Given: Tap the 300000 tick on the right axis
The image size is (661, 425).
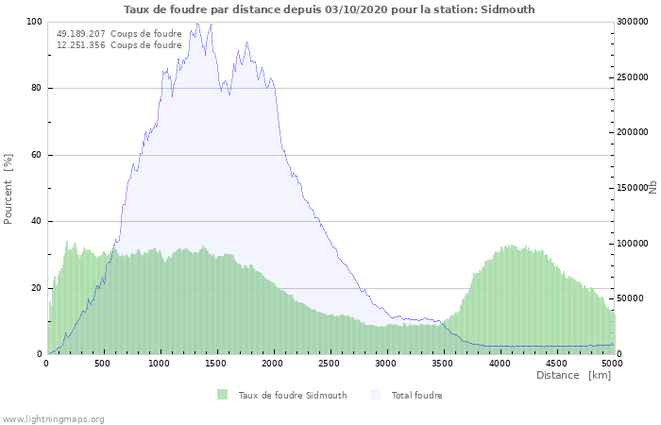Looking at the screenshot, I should pyautogui.click(x=633, y=22).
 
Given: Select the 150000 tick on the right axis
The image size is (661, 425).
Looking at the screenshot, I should pyautogui.click(x=633, y=188).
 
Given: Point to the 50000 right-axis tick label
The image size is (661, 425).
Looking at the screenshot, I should pyautogui.click(x=630, y=298).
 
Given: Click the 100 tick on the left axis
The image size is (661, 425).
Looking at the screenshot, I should pyautogui.click(x=34, y=22).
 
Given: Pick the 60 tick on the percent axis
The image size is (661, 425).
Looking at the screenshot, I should pyautogui.click(x=37, y=155).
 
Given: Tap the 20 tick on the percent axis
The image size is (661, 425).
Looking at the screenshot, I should pyautogui.click(x=37, y=288).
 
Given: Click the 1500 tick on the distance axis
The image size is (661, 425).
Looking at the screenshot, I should pyautogui.click(x=217, y=363).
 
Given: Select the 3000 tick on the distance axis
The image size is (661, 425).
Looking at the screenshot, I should pyautogui.click(x=386, y=363).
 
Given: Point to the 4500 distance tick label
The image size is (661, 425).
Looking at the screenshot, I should pyautogui.click(x=555, y=363).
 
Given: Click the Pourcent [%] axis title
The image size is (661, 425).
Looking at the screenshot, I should pyautogui.click(x=8, y=189).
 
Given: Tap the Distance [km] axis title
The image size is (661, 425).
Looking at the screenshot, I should pyautogui.click(x=573, y=375).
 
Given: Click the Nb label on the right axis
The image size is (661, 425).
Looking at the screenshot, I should pyautogui.click(x=653, y=188).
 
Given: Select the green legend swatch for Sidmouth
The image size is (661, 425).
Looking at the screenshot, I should pyautogui.click(x=222, y=395).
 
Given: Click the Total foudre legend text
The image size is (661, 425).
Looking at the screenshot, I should pyautogui.click(x=416, y=395).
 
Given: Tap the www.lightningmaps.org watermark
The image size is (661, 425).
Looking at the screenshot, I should pyautogui.click(x=53, y=418).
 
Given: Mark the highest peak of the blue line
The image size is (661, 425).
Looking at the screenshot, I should pyautogui.click(x=197, y=23).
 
